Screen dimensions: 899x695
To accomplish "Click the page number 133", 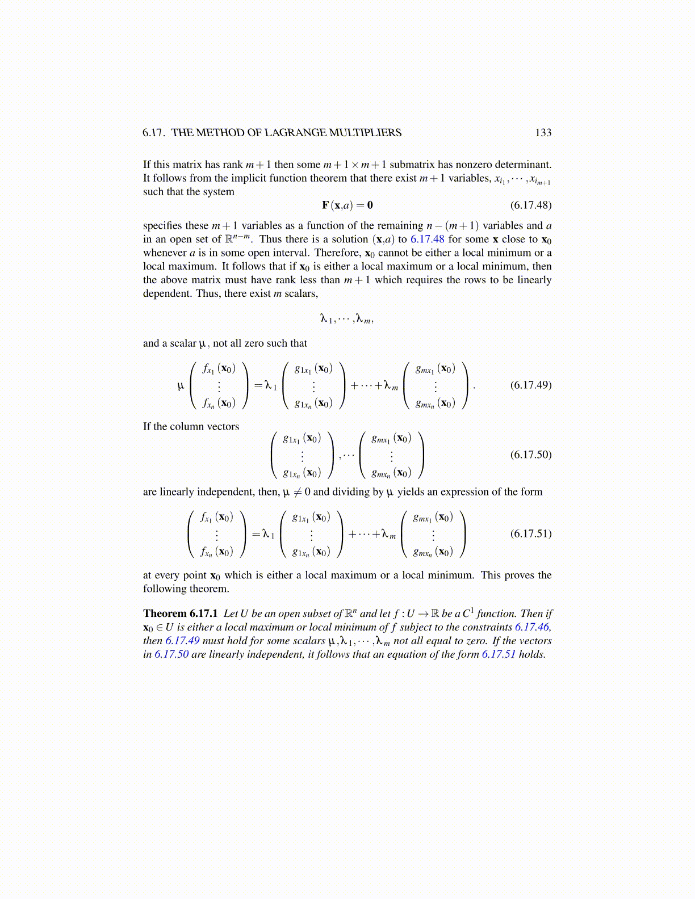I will point(543,133).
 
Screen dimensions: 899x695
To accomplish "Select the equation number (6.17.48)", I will point(530,205).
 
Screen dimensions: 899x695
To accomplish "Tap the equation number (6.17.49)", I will point(530,385).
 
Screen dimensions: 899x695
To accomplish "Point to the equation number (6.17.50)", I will point(530,455).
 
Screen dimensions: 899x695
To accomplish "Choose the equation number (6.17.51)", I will point(530,533).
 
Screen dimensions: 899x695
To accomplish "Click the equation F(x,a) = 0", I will point(347,205).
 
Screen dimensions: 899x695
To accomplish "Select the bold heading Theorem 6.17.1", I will point(180,614).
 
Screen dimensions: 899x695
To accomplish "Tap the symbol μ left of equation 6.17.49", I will point(181,386).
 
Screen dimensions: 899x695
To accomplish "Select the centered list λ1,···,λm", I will point(347,320).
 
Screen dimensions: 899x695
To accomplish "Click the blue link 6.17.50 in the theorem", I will point(171,654).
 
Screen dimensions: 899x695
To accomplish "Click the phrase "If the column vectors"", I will point(191,427).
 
